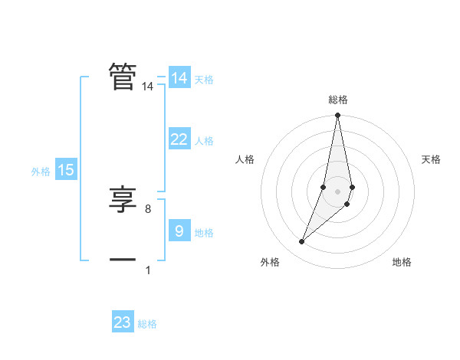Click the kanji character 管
[x=123, y=77]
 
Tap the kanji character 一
[x=123, y=260]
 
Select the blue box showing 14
[x=179, y=78]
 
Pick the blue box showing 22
[x=179, y=139]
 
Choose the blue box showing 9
[x=179, y=231]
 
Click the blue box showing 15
[x=66, y=171]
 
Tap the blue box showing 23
[x=123, y=322]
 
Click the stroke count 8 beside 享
[x=148, y=208]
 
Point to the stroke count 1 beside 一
[x=148, y=270]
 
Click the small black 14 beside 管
[x=148, y=87]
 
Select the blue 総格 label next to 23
[x=147, y=324]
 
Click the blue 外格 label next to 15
[x=41, y=172]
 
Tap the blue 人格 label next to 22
[x=204, y=141]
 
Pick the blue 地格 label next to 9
[x=204, y=233]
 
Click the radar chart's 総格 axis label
[x=338, y=100]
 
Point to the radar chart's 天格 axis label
[x=432, y=159]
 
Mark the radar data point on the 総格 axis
[x=338, y=116]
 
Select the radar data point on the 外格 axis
[x=302, y=242]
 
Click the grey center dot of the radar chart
[x=338, y=191]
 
